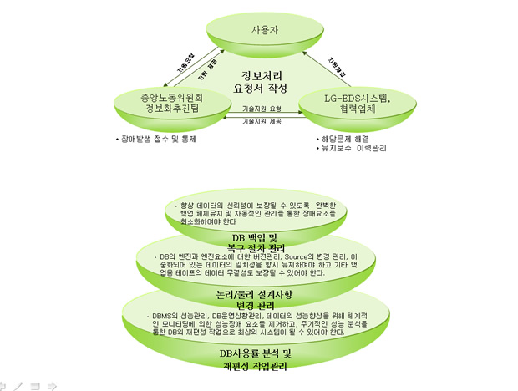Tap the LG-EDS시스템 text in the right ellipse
click(x=358, y=99)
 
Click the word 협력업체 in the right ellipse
click(x=358, y=111)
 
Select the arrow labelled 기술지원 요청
click(x=262, y=109)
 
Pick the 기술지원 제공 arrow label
click(x=262, y=122)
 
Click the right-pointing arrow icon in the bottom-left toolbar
click(x=52, y=385)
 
